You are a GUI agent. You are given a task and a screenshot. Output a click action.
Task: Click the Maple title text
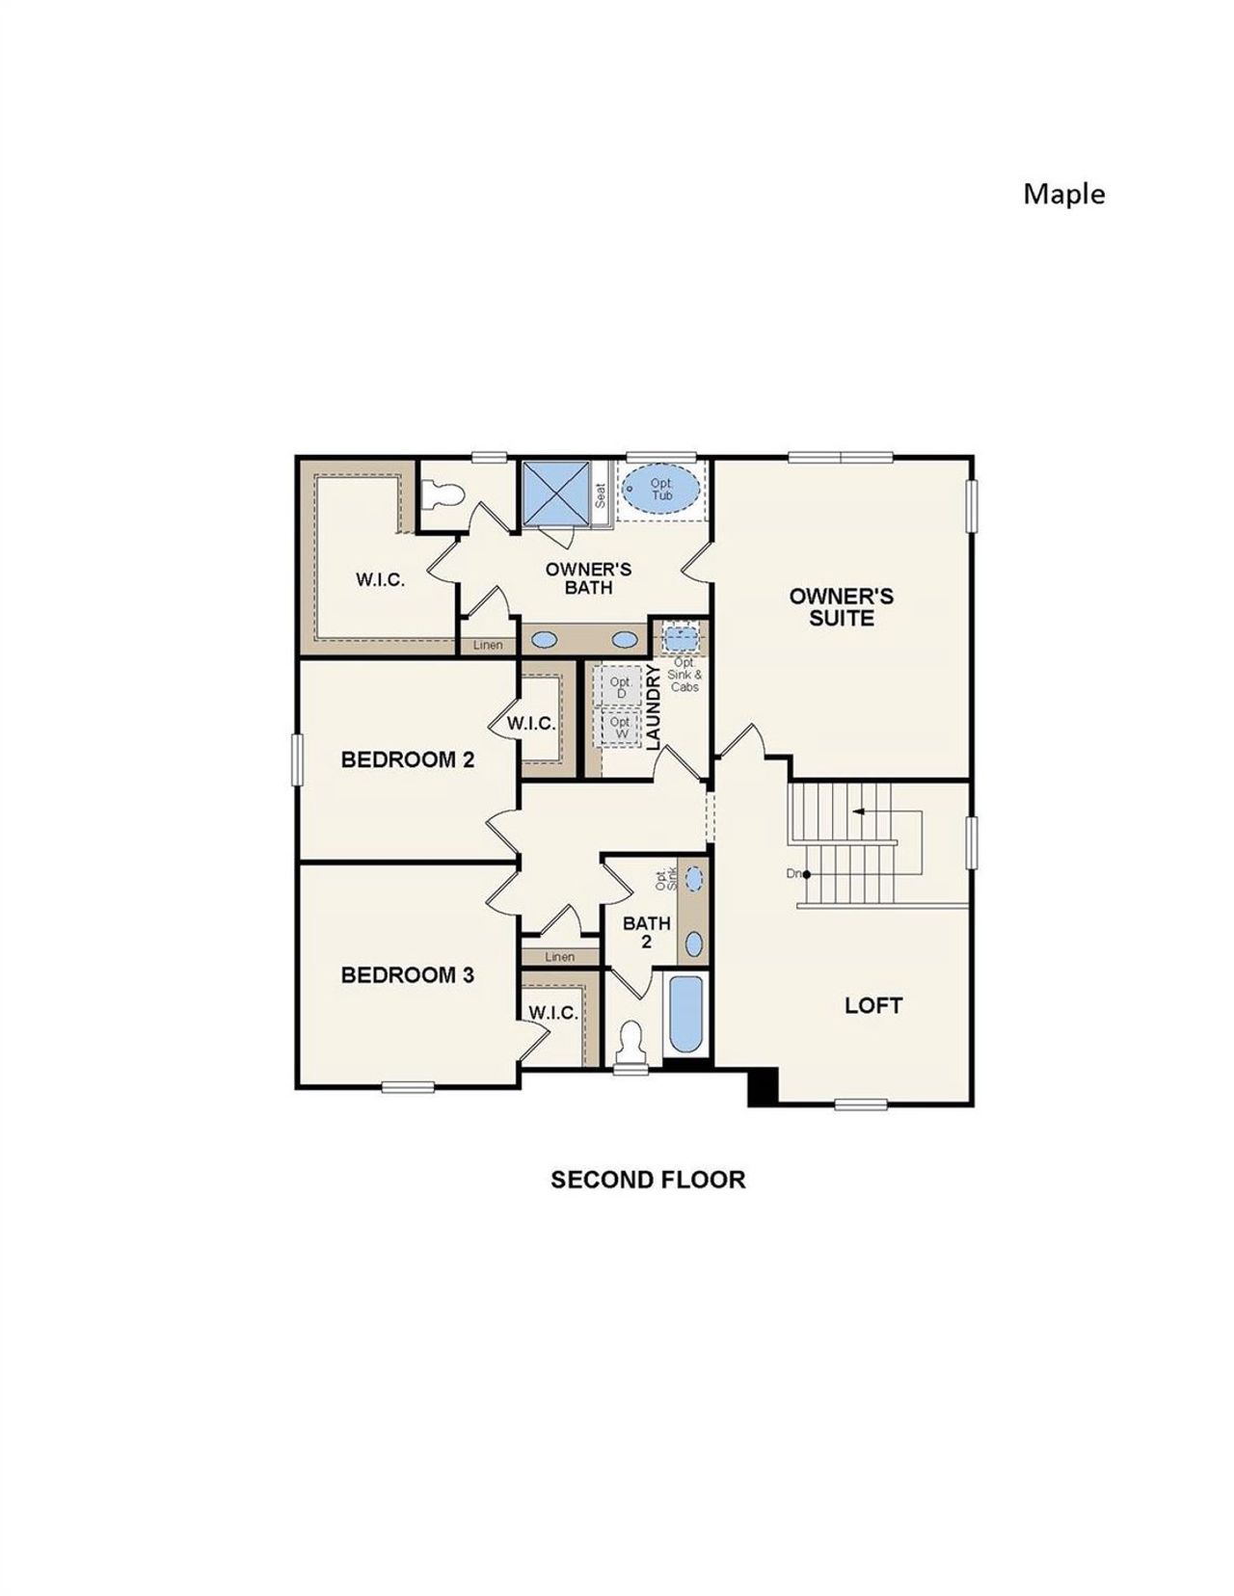(1063, 194)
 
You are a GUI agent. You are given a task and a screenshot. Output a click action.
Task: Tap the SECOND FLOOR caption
(648, 1180)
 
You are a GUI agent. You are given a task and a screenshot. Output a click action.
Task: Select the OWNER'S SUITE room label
(841, 607)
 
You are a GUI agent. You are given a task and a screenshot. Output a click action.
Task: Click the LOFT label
(873, 1005)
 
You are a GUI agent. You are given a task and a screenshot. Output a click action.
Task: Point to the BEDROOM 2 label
(408, 759)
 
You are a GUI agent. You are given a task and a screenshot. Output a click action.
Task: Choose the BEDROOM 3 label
(408, 974)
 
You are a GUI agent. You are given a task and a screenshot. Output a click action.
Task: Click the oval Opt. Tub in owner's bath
(661, 490)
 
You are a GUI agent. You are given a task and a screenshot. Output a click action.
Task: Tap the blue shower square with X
(555, 493)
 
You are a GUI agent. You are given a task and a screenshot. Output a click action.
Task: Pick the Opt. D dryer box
(621, 687)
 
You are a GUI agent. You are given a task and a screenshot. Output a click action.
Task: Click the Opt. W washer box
(621, 727)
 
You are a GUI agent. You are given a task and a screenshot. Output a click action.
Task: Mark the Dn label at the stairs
(794, 873)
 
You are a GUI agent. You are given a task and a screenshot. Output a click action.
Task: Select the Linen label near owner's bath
(488, 645)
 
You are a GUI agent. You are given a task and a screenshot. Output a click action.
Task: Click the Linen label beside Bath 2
(559, 957)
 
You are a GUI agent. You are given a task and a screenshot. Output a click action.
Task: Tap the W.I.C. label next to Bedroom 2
(531, 724)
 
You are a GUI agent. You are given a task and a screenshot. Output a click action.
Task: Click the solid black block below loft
(763, 1086)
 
